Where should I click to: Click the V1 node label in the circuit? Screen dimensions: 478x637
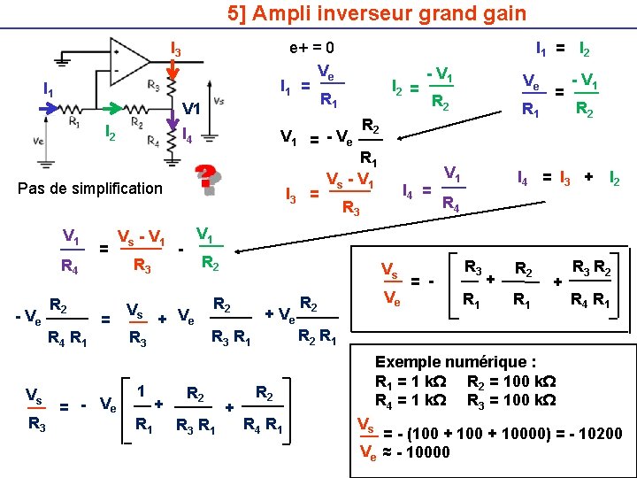click(x=192, y=108)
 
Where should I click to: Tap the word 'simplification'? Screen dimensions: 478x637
click(x=119, y=189)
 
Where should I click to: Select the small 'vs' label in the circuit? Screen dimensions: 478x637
click(x=219, y=100)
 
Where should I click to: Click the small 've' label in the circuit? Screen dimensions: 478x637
click(x=38, y=140)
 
